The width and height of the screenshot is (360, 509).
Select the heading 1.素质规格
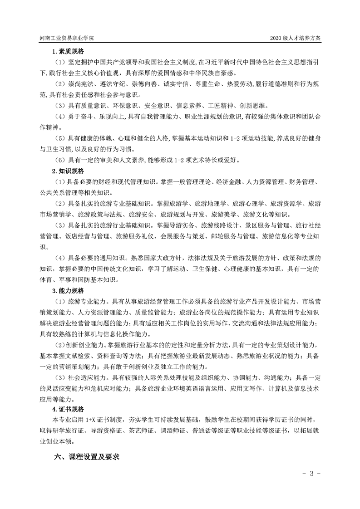click(x=68, y=51)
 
